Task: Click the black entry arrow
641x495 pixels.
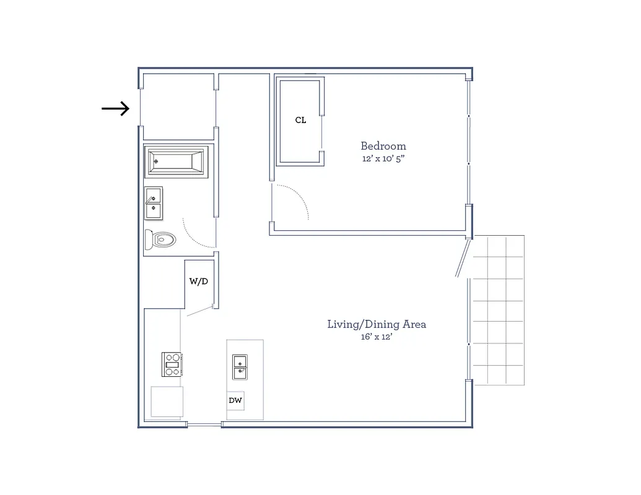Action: click(116, 109)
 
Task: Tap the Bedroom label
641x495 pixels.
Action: click(383, 147)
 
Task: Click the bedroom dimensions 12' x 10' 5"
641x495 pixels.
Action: click(383, 159)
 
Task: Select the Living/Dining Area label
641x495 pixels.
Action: click(377, 324)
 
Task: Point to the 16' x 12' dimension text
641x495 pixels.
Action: click(377, 337)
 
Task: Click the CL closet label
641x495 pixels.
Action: click(300, 120)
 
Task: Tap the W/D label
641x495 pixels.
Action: click(198, 282)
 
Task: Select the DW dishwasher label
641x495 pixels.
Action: click(235, 401)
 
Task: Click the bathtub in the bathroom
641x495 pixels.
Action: click(177, 161)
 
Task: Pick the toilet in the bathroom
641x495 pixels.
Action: click(160, 239)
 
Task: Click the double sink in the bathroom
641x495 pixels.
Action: click(154, 204)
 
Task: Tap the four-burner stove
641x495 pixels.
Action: click(172, 364)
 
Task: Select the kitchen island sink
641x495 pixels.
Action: click(241, 367)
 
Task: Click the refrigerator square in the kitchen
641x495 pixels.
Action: click(167, 402)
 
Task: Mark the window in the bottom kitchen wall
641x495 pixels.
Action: click(204, 424)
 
